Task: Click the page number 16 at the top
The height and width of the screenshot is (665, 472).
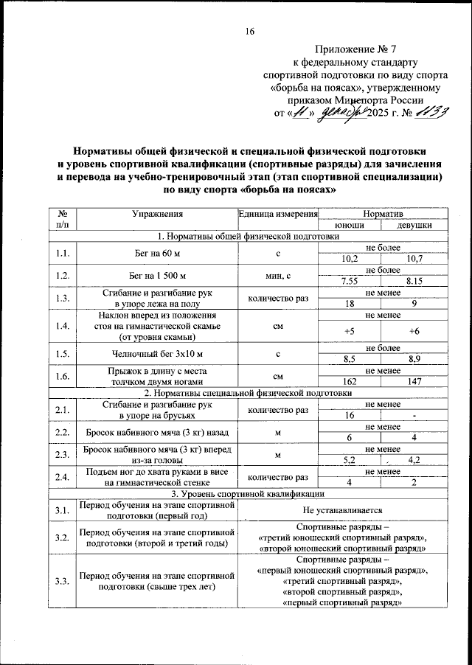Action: coord(250,30)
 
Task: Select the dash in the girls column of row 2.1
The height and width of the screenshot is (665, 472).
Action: coord(414,417)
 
